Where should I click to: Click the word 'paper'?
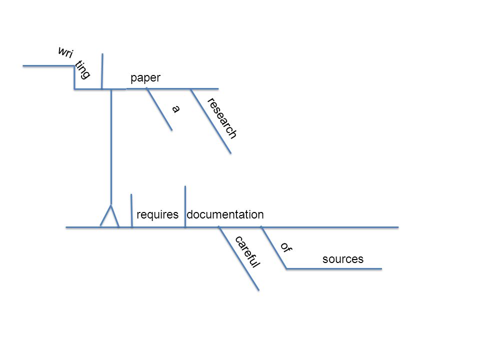click(145, 78)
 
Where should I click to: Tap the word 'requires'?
click(157, 214)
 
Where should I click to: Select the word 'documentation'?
click(225, 214)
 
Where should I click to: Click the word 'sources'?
click(343, 259)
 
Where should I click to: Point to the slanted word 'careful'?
click(247, 252)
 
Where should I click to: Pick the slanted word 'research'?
click(222, 118)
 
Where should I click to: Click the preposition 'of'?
click(286, 247)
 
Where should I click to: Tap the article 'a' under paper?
click(175, 108)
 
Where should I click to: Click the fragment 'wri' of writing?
click(66, 52)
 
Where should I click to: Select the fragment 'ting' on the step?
click(82, 69)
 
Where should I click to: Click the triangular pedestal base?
click(109, 216)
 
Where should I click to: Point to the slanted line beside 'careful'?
click(239, 258)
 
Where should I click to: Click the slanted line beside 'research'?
click(211, 121)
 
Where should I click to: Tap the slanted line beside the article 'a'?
click(159, 109)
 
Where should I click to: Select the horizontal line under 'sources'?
click(334, 269)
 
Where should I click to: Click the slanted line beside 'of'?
click(273, 247)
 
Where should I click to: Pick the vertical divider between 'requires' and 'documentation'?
click(185, 206)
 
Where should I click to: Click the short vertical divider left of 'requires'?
click(131, 210)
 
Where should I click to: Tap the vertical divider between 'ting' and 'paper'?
click(102, 71)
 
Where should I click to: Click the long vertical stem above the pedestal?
click(111, 147)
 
